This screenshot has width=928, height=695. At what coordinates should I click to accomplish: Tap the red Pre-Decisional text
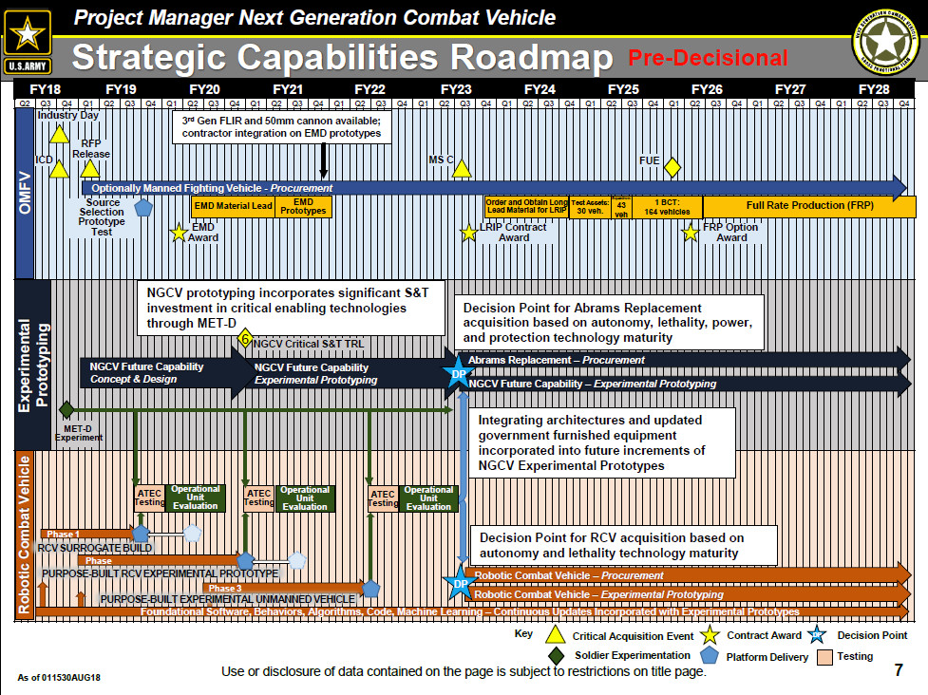[708, 58]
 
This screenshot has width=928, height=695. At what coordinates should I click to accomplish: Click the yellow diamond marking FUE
[672, 168]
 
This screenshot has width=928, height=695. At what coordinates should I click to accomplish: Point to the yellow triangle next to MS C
[462, 168]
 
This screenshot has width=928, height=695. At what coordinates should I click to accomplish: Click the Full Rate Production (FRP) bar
[807, 206]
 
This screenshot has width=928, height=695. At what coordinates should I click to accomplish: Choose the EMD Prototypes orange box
[303, 206]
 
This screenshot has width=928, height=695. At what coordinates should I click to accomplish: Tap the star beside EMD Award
[178, 232]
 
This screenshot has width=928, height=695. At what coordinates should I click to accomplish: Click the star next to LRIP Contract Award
[468, 232]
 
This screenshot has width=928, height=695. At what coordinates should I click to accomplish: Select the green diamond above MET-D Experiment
[66, 410]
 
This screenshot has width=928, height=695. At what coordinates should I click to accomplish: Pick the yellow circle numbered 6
[244, 339]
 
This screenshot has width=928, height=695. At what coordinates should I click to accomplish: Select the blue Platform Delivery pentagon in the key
[707, 656]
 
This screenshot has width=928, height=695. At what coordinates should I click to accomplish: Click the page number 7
[899, 670]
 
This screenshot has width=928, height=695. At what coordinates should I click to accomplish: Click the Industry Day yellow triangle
[59, 133]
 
